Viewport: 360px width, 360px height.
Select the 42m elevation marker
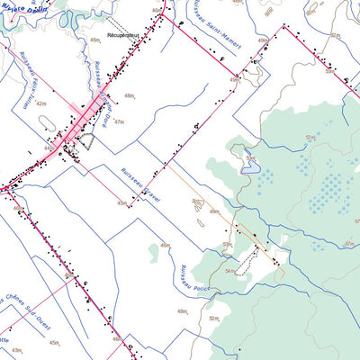(40, 103)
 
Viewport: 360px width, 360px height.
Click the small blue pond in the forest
(251, 165)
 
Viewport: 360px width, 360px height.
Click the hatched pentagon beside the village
(85, 139)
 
